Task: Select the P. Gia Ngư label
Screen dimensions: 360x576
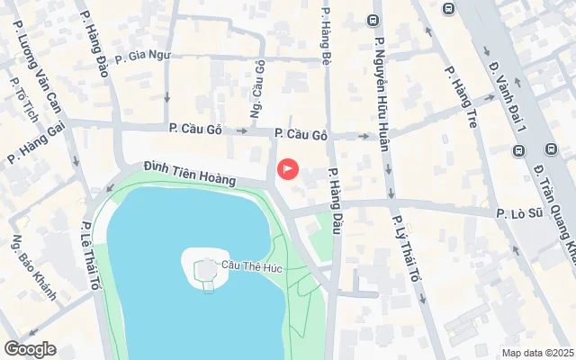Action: [137, 55]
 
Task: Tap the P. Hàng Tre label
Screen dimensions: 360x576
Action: [458, 96]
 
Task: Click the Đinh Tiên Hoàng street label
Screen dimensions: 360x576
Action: [189, 174]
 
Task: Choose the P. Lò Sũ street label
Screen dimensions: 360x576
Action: [523, 213]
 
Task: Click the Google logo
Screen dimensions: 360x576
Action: [30, 349]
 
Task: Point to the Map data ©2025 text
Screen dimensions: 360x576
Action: [537, 353]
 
